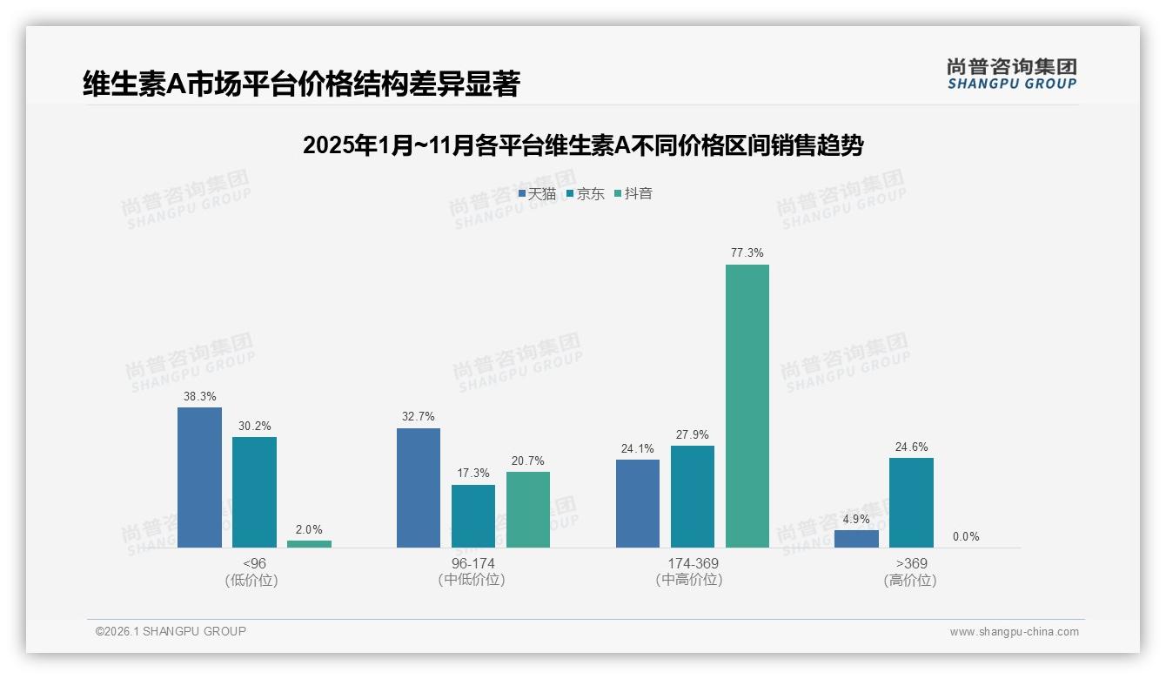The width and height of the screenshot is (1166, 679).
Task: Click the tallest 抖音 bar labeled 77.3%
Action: (747, 406)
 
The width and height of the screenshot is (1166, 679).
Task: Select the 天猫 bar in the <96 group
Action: (199, 477)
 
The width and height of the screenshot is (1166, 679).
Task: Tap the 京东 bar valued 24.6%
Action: (911, 502)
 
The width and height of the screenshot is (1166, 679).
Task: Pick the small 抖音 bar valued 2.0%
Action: (309, 543)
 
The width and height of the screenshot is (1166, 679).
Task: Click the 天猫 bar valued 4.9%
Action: (856, 538)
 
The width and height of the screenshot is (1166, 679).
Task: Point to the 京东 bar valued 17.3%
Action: (473, 515)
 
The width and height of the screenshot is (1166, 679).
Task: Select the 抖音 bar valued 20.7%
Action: (528, 509)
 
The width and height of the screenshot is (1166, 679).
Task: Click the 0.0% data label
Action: (966, 537)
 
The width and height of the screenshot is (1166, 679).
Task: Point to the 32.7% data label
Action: (419, 417)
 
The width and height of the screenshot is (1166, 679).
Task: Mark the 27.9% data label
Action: (693, 434)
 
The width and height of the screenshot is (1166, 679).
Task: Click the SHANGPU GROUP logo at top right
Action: (1011, 73)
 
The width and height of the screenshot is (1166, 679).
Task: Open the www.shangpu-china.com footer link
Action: (1014, 632)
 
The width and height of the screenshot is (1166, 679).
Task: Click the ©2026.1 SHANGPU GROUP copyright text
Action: (171, 631)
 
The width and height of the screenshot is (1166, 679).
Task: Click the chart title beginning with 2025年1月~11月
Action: (583, 145)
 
